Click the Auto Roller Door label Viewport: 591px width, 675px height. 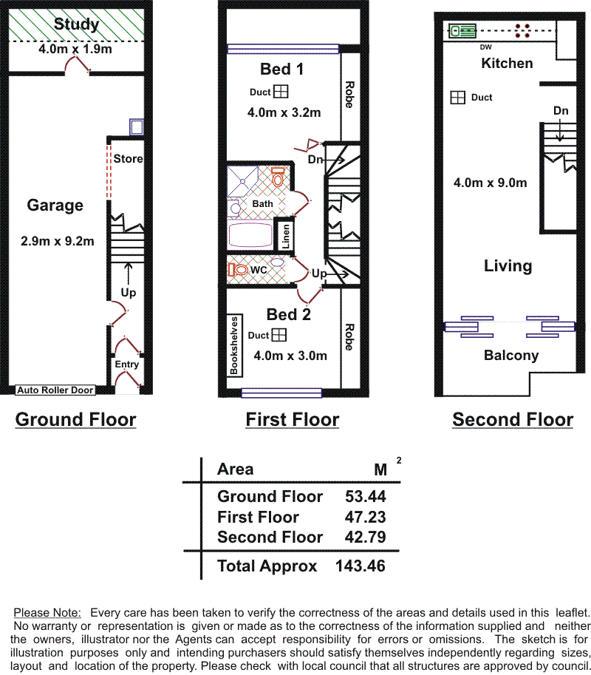tap(55, 390)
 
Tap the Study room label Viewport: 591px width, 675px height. tap(76, 24)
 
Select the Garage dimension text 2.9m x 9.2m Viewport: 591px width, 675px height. tap(57, 241)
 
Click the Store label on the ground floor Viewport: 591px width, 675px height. tap(128, 158)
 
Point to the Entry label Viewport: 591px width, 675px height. tap(126, 364)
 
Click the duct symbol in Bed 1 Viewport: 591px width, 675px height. tap(281, 91)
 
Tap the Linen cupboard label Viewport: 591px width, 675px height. tap(286, 236)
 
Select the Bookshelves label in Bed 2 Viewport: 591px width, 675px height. tap(234, 345)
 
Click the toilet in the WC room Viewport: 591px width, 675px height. tap(239, 270)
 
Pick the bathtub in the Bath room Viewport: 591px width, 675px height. tap(250, 234)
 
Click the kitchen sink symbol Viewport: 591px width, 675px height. tap(462, 31)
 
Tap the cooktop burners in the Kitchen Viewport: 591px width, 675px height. tap(522, 30)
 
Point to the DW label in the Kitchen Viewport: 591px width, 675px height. tap(485, 47)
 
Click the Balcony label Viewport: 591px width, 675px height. tap(511, 356)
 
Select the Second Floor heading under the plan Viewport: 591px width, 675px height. tap(513, 419)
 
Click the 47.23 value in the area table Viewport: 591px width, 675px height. tap(365, 517)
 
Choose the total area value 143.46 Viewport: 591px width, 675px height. tap(361, 566)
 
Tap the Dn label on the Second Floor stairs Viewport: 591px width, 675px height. tap(561, 111)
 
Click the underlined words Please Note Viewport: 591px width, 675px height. tap(47, 613)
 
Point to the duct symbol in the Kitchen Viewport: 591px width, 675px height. tap(458, 98)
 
